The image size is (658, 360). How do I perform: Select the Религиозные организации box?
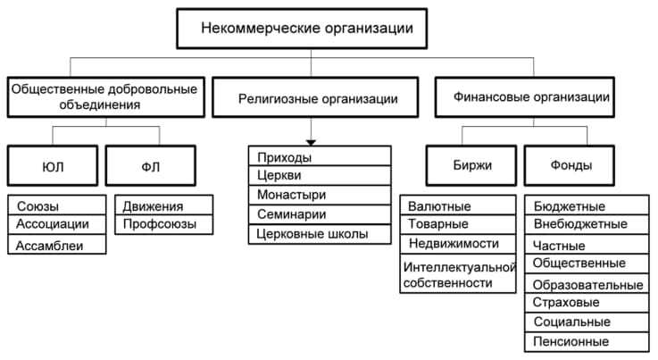coord(318,98)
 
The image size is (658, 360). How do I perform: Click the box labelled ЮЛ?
coord(53,165)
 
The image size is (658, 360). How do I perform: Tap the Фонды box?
coord(571,165)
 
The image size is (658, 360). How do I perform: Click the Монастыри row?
coord(320,195)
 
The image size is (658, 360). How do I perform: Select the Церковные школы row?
coord(320,235)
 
